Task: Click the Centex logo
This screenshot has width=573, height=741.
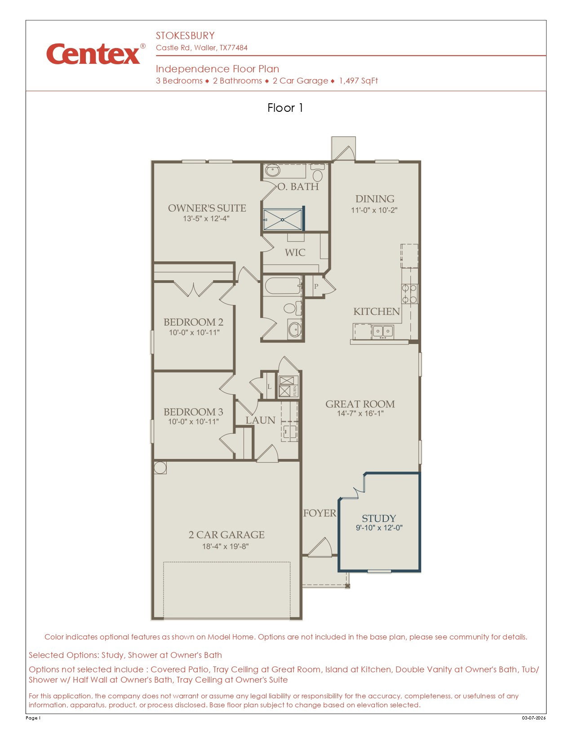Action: coord(96,53)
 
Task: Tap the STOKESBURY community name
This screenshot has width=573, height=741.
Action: coord(185,35)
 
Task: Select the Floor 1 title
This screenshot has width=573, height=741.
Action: coord(285,108)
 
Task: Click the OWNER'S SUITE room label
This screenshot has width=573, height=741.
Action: coord(207,208)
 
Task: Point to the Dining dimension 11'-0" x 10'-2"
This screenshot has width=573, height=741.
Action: coord(374,210)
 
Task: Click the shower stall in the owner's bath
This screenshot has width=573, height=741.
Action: coord(283,220)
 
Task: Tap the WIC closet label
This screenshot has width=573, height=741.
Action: coord(295,253)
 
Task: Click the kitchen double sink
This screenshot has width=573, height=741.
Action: coord(382,331)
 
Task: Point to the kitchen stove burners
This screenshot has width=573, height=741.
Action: coord(409,294)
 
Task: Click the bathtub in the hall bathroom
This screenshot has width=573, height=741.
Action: coord(283,286)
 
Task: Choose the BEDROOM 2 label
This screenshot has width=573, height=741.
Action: coord(193,322)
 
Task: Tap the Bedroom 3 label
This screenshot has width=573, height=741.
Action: coord(193,411)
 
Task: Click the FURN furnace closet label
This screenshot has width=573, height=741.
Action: coord(295,390)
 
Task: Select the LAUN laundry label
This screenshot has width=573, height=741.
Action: coord(260,420)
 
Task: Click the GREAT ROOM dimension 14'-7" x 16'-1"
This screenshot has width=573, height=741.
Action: coord(360,413)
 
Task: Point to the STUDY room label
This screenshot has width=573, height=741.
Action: coord(378,518)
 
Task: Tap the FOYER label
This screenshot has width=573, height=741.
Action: coord(320,513)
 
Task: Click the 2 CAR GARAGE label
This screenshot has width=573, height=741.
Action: coord(226,535)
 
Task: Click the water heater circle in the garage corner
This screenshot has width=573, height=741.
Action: coord(160,468)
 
